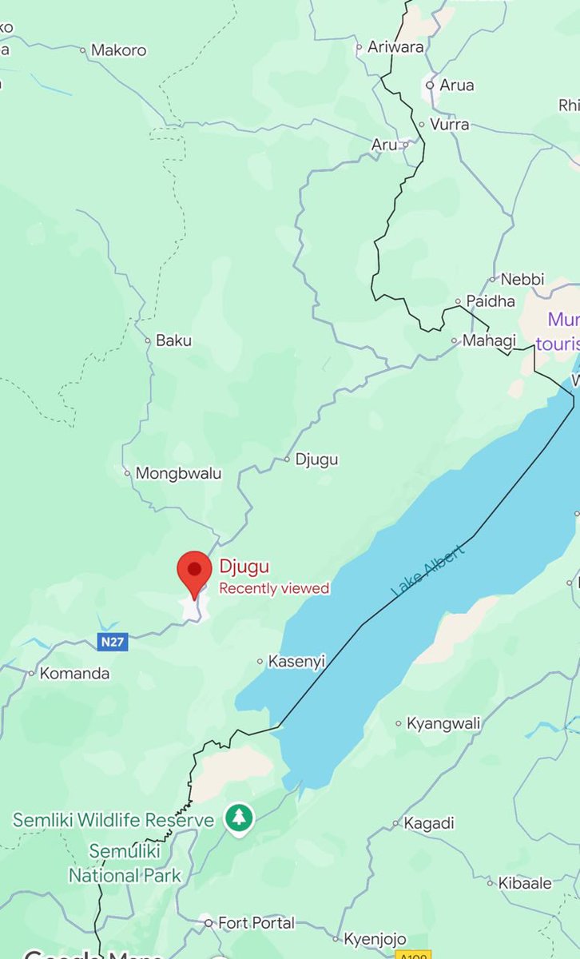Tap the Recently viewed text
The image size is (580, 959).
click(274, 589)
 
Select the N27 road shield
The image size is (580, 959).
click(113, 641)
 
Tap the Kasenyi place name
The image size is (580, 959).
click(297, 661)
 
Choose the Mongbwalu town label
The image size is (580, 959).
click(178, 473)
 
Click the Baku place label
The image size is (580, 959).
click(173, 340)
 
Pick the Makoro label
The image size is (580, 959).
click(118, 50)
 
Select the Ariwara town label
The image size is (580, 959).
click(395, 47)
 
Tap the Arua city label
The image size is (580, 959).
click(456, 85)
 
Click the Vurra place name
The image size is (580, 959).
click(449, 125)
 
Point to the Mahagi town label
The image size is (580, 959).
click(484, 340)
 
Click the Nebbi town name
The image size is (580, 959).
click(522, 279)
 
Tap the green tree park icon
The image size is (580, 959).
click(238, 818)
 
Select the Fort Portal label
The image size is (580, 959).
click(256, 923)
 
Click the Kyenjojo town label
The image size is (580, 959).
click(375, 939)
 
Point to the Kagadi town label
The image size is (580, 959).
click(429, 823)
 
